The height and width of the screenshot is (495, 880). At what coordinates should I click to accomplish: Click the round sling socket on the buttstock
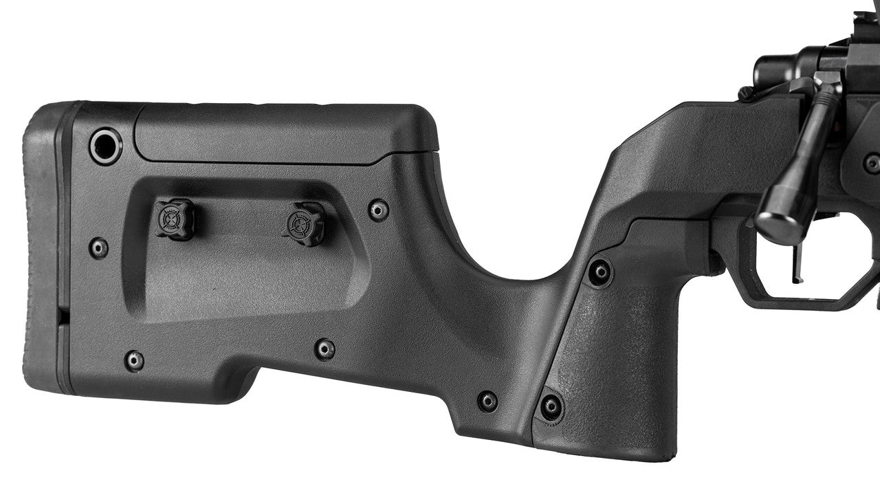(106, 146)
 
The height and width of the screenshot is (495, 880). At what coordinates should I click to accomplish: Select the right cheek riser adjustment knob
(303, 223)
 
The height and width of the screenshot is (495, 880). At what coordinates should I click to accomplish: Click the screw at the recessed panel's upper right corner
(378, 209)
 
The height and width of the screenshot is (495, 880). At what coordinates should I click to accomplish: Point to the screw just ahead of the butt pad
(99, 247)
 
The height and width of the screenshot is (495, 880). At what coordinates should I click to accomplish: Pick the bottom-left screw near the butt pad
(134, 360)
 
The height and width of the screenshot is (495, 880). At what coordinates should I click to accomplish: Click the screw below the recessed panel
(324, 349)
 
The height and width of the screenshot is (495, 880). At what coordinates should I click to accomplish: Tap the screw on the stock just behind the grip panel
(487, 401)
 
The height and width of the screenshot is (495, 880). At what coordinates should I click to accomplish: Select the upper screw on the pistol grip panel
(600, 272)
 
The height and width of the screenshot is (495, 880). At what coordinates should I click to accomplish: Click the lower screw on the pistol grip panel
(551, 406)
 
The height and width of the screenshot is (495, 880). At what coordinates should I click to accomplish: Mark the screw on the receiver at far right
(872, 164)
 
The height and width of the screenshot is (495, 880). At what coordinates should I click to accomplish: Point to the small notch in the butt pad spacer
(63, 316)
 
